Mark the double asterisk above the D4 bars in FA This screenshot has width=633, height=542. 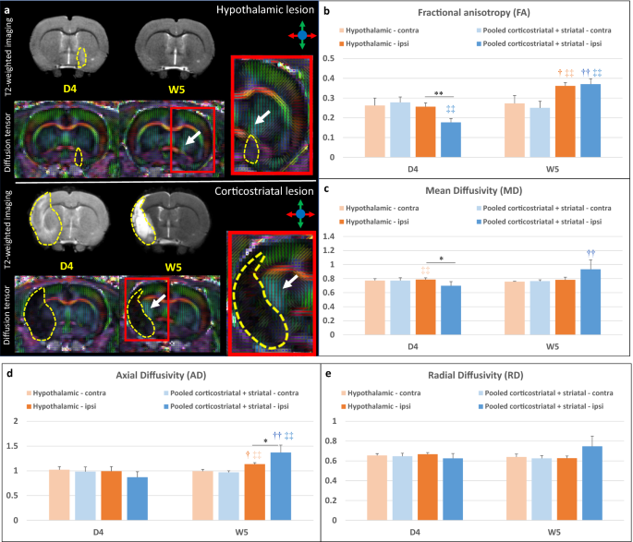point(440,93)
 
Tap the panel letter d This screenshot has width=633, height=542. point(9,375)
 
